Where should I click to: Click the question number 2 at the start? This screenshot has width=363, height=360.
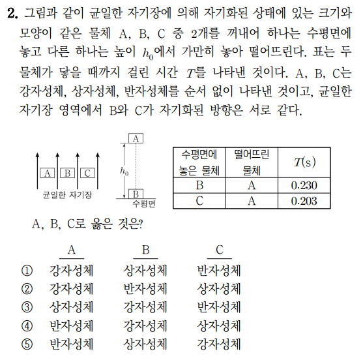8,12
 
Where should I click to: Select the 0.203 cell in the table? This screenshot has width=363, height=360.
304,201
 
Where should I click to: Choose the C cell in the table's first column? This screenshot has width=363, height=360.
200,201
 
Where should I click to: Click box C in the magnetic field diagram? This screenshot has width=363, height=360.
88,173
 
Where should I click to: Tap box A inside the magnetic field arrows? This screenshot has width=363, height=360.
46,173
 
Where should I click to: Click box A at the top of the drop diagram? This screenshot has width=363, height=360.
136,138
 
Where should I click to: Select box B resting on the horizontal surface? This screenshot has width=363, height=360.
136,194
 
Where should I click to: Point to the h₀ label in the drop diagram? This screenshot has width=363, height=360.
124,171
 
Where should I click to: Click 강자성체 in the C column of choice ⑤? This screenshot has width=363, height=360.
219,342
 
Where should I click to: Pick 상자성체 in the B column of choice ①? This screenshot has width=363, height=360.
145,270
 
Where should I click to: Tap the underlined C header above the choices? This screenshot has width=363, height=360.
219,250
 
